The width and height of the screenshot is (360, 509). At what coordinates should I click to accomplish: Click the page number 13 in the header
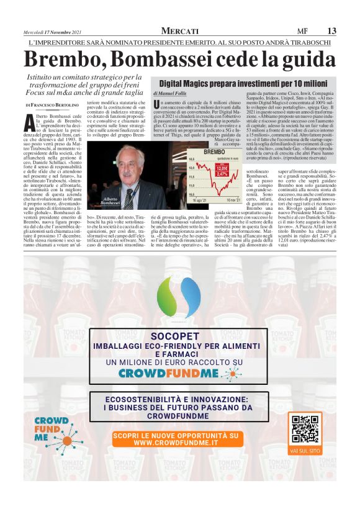tap(331, 31)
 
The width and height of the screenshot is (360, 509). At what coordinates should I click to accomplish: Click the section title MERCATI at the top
tap(180, 31)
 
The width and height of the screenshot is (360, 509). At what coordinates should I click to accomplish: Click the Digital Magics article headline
tap(243, 82)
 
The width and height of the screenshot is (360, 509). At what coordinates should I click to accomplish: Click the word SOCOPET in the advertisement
tap(179, 336)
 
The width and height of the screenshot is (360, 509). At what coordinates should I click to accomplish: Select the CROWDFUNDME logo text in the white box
tap(179, 374)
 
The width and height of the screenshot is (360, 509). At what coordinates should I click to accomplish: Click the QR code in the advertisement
tap(305, 428)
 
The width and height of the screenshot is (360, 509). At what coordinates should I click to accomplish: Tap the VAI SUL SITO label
tap(305, 449)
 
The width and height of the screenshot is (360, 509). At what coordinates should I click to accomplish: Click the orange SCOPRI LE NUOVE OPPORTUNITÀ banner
tap(179, 439)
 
